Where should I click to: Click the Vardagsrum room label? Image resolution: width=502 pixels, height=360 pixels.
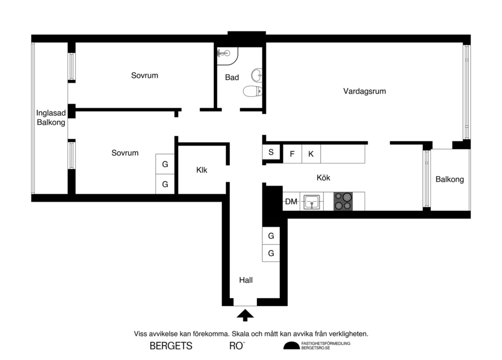(x=364, y=91)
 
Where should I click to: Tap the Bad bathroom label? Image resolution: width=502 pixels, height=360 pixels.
(x=232, y=77)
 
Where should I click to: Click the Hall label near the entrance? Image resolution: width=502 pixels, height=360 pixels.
(x=246, y=281)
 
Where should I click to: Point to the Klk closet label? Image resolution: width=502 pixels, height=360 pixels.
(x=201, y=171)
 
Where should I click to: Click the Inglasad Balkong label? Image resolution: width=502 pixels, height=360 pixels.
(x=51, y=118)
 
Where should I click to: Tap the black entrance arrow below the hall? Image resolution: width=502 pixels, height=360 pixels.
(x=246, y=315)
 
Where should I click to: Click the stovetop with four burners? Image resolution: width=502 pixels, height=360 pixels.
(x=343, y=202)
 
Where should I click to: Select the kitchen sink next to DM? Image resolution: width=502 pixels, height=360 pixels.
(x=311, y=202)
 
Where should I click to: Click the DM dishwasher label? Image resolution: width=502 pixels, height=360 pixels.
(x=291, y=202)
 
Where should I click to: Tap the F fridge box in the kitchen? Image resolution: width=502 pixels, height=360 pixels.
(x=292, y=154)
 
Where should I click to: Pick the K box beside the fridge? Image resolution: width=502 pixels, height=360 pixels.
(x=311, y=154)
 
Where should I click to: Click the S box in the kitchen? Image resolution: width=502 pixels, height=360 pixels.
(x=271, y=153)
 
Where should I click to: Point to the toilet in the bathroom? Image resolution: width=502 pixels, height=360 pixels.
(x=253, y=91)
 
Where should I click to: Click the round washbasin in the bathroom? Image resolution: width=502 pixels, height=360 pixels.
(x=256, y=75)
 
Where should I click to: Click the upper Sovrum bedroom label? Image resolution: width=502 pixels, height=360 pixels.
(x=145, y=76)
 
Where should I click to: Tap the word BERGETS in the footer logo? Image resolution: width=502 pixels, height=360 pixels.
(x=171, y=346)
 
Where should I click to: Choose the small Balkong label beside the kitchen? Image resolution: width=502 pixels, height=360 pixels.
(x=450, y=180)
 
